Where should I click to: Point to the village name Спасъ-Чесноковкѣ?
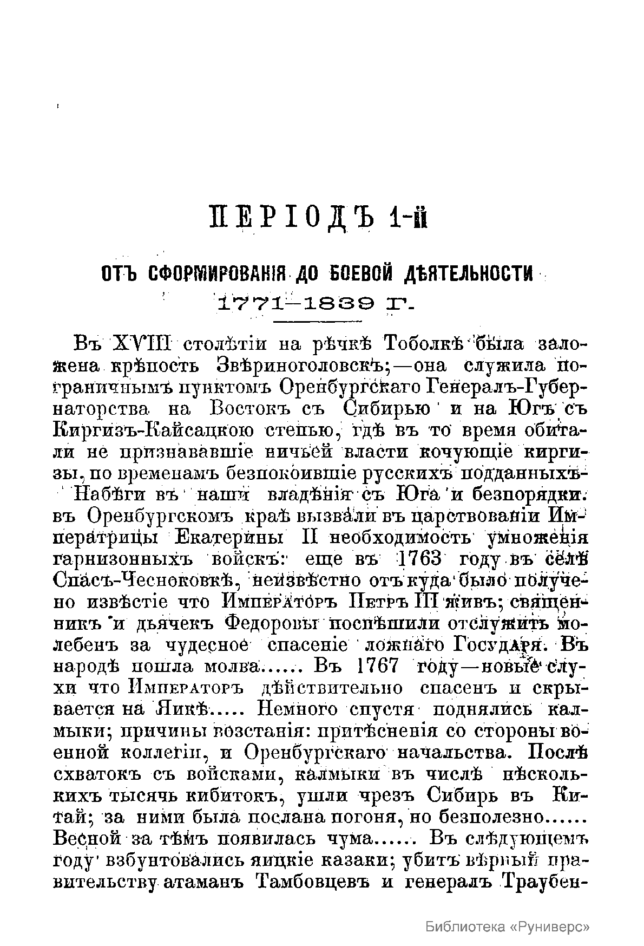(x=146, y=580)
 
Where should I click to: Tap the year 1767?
(x=378, y=666)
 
